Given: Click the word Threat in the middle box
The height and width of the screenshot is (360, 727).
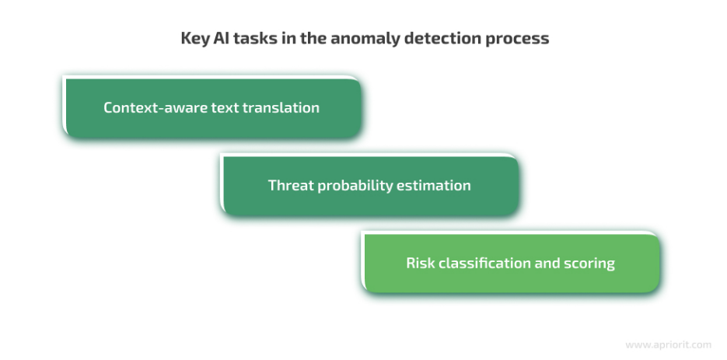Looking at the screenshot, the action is [285, 185].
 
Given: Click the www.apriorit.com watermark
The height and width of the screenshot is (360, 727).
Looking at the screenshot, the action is [668, 345].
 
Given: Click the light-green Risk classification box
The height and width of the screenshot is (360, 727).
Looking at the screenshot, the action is [511, 263].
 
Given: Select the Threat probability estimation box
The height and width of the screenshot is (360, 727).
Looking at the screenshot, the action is [369, 185].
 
